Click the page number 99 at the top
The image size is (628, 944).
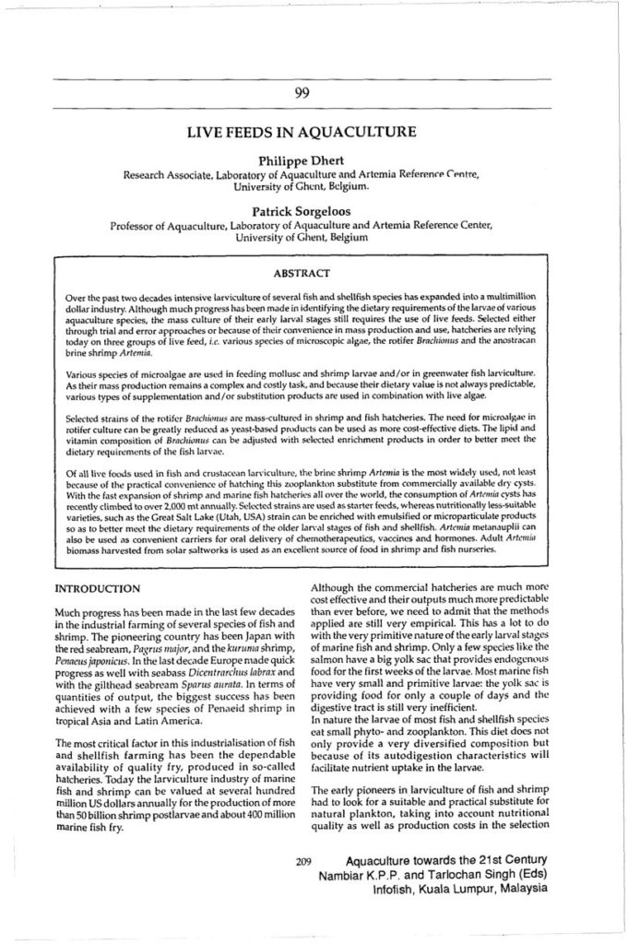(x=301, y=90)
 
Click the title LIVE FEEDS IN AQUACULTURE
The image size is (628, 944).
(x=301, y=132)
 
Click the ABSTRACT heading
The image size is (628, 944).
(x=301, y=273)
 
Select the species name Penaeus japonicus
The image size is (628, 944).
(x=90, y=660)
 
